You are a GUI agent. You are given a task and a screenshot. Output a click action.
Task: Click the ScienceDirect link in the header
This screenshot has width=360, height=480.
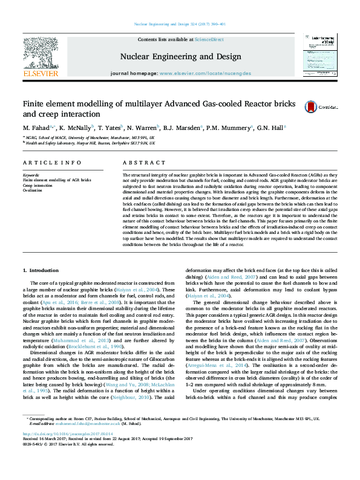209,39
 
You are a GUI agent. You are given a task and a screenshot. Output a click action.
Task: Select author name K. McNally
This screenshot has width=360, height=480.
76,128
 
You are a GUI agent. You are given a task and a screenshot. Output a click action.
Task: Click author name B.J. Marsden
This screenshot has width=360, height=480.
185,128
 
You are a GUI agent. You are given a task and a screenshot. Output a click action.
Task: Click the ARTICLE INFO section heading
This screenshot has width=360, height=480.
52,163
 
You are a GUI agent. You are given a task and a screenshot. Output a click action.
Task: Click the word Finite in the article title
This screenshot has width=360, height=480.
33,103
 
